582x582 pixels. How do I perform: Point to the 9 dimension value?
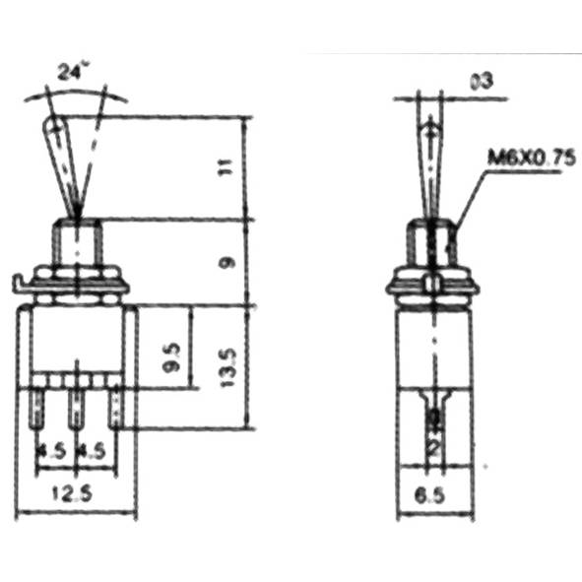[x=227, y=263]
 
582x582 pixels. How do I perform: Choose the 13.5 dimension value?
[x=227, y=367]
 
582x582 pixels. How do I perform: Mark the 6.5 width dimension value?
[x=434, y=495]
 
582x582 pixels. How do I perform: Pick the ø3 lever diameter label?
[x=482, y=82]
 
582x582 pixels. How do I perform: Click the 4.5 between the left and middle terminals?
[x=53, y=453]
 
